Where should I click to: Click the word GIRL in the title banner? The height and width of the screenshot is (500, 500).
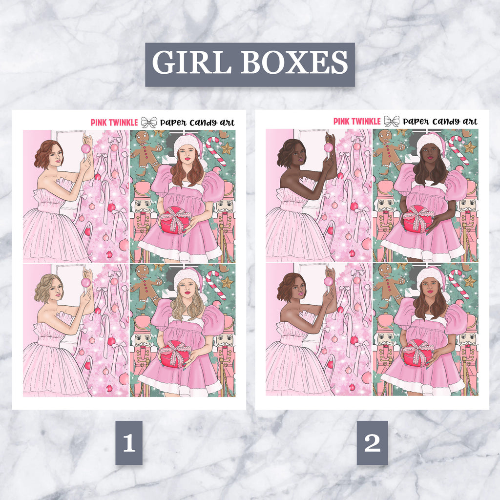(x=191, y=62)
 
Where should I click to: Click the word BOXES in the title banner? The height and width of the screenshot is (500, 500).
(x=294, y=62)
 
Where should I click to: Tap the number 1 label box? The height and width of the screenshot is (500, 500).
(x=129, y=442)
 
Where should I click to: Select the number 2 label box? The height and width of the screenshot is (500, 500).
(x=372, y=442)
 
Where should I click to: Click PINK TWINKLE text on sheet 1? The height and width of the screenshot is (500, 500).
(x=114, y=123)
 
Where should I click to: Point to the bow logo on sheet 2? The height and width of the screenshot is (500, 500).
(x=392, y=121)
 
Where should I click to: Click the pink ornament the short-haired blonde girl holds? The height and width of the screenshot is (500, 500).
(x=86, y=282)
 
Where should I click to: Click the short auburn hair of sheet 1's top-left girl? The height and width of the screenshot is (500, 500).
(x=47, y=154)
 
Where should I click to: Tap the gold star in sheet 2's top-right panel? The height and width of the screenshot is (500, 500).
(x=470, y=147)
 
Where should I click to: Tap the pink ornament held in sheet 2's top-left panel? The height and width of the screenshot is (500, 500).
(x=329, y=147)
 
